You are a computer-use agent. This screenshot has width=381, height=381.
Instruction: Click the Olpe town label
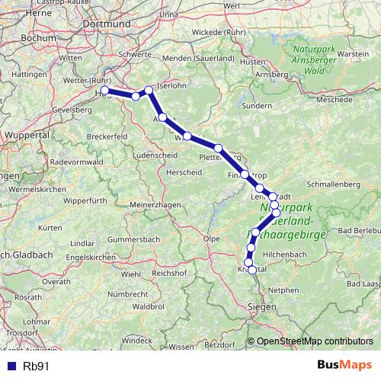click(210, 239)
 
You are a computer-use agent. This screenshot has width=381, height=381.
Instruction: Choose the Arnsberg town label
click(271, 74)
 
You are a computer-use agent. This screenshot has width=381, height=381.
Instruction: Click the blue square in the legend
click(11, 366)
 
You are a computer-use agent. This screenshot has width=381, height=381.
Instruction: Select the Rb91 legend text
click(37, 366)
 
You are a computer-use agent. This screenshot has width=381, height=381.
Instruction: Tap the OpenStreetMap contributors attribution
click(314, 341)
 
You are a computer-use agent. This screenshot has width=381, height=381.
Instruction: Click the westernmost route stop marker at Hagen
click(105, 91)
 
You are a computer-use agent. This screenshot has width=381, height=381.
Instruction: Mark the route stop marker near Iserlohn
click(149, 91)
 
